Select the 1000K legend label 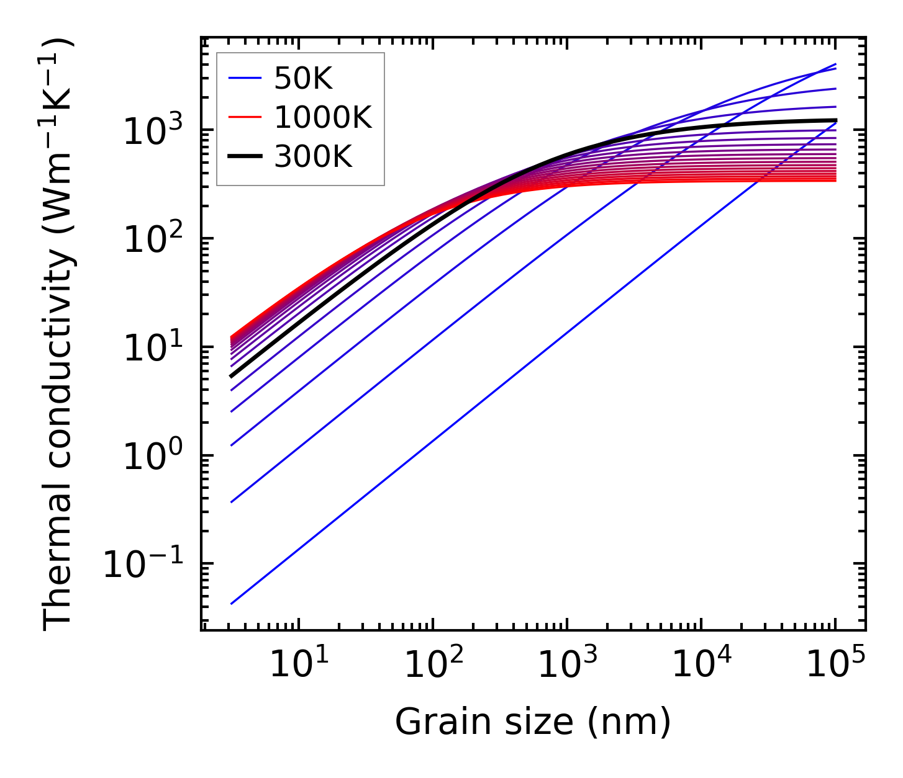click(x=323, y=118)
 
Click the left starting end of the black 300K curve click(x=231, y=376)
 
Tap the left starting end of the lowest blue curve click(x=231, y=604)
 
